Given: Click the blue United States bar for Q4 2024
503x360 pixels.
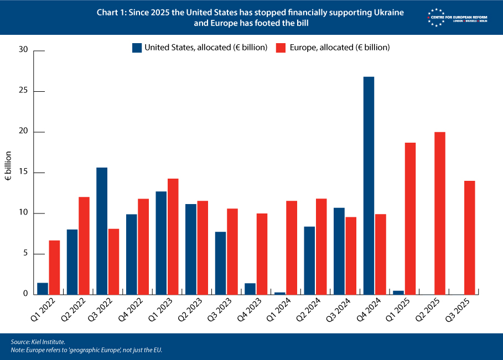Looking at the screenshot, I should tap(369, 185).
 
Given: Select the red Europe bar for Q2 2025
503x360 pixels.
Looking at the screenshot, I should tap(440, 213).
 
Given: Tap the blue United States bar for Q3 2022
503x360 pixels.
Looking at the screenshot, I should tap(102, 231).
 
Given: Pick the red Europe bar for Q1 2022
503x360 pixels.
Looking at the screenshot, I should tap(54, 267).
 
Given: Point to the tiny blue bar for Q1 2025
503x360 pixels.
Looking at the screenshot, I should tap(398, 292).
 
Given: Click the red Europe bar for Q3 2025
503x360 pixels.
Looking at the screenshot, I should tap(469, 237).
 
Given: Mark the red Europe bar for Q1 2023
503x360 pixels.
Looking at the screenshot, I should tap(173, 236).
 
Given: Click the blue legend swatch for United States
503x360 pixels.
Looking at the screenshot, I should tap(137, 48).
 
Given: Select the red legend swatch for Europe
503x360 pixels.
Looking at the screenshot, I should tap(280, 48).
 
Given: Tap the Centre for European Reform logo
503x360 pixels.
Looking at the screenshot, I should tap(457, 16).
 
